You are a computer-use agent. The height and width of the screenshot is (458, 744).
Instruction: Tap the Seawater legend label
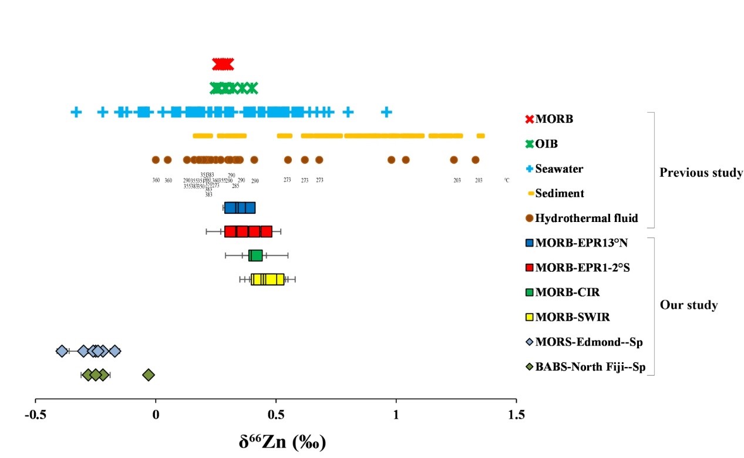click(559, 169)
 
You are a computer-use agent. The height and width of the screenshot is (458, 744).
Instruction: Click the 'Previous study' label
click(701, 173)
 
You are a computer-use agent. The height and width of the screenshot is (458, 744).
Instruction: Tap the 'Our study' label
click(689, 305)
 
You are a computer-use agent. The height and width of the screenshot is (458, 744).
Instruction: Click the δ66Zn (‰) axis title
click(282, 441)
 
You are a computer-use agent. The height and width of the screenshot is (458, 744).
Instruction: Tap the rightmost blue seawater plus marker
click(386, 112)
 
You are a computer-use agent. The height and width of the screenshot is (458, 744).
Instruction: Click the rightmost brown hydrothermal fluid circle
click(476, 160)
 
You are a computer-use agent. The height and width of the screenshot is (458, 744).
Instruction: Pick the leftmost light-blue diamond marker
click(62, 351)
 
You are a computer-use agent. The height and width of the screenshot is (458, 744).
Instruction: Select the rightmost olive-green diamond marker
click(149, 375)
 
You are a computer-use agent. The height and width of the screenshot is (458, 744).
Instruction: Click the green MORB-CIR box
click(255, 255)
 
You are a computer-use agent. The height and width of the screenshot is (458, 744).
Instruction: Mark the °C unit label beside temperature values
click(506, 180)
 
